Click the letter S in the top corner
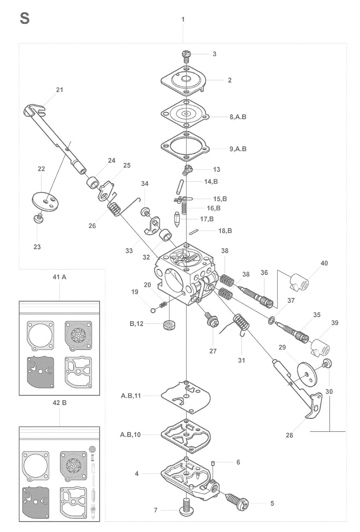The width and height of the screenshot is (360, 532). [25, 19]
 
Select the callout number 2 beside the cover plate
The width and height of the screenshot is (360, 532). [230, 80]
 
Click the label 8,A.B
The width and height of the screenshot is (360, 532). [238, 117]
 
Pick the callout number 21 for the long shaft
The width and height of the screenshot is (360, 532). [60, 90]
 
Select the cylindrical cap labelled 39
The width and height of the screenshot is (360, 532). [320, 347]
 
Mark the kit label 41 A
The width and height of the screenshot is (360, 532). [59, 277]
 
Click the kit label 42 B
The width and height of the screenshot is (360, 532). [59, 403]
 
